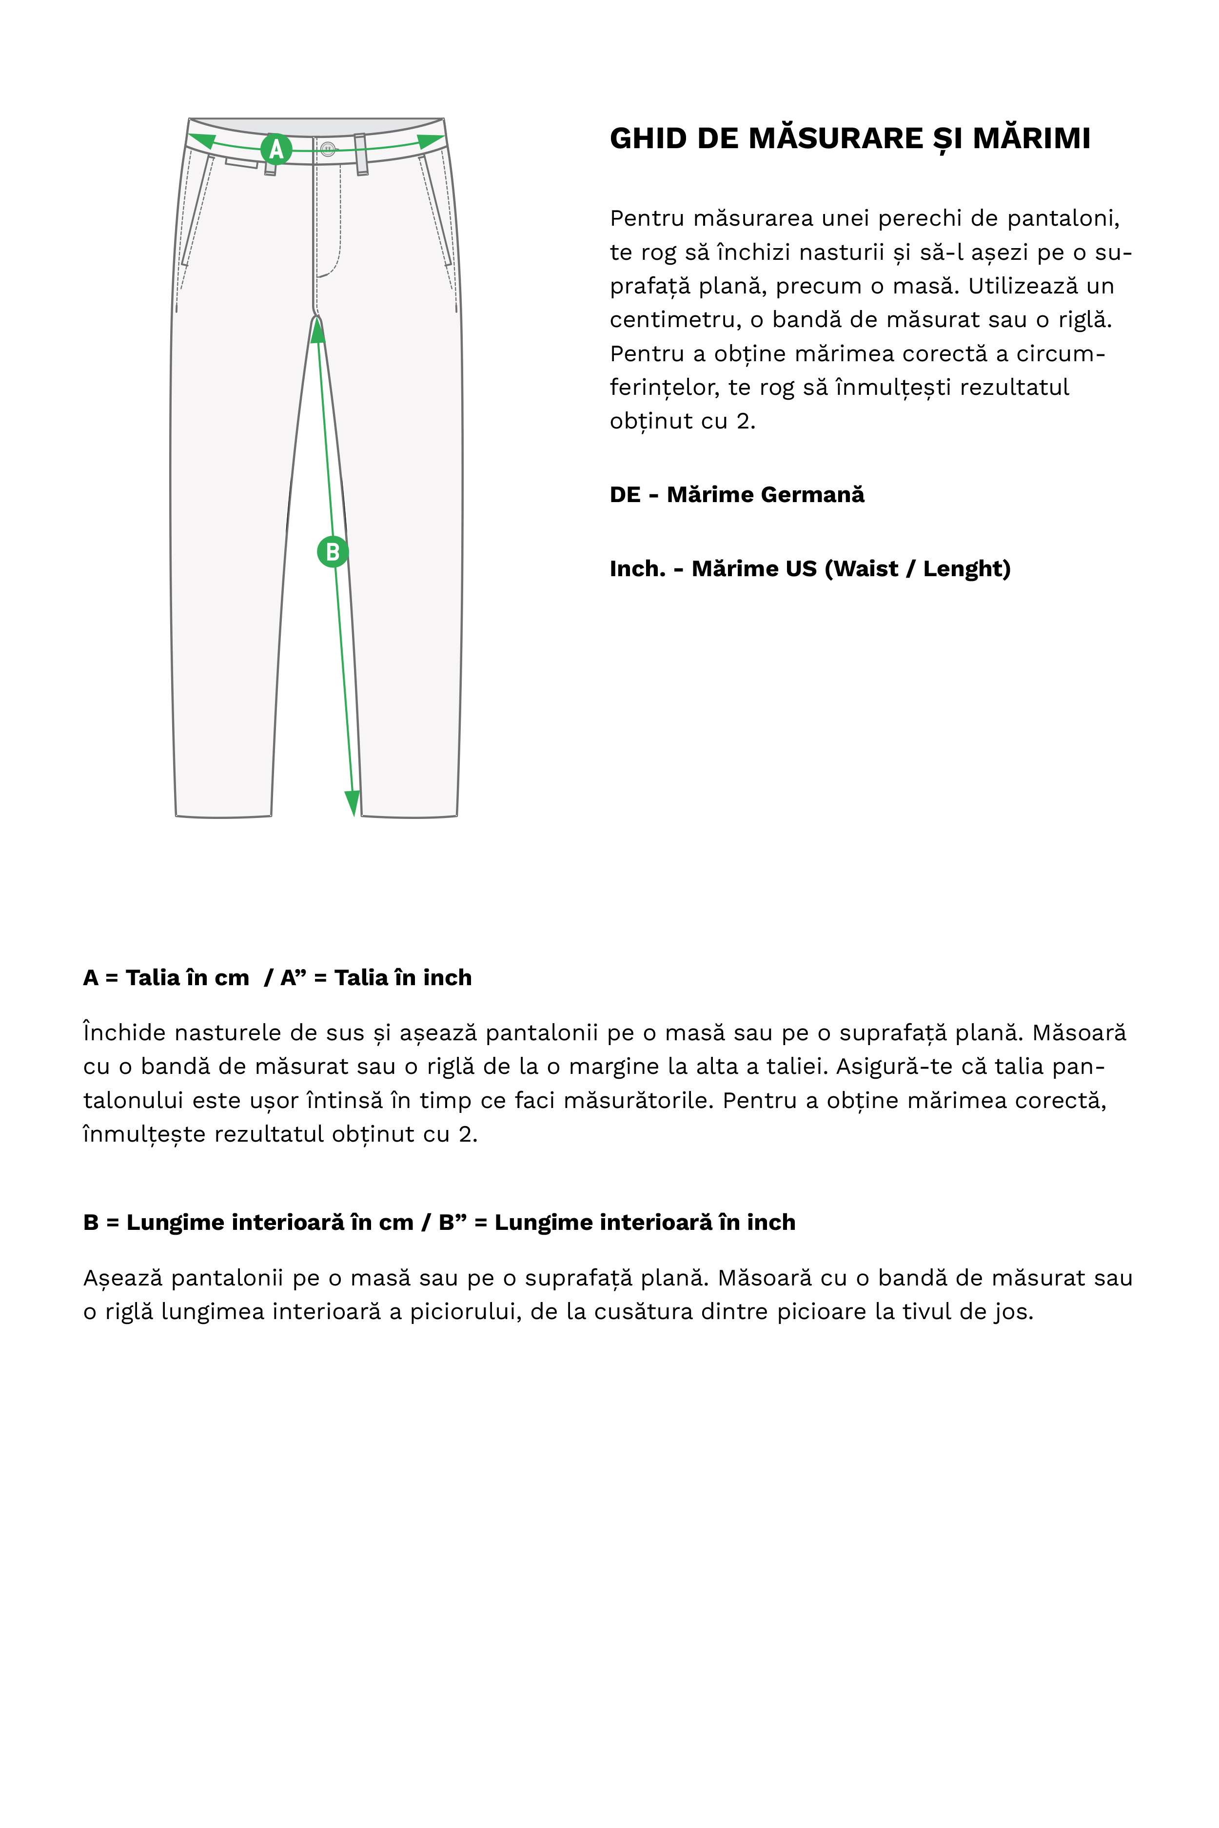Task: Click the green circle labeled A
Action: click(276, 149)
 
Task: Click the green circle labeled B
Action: click(333, 552)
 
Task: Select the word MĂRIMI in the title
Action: click(1032, 138)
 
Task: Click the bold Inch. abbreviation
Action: click(637, 569)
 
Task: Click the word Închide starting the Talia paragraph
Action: click(124, 1033)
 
